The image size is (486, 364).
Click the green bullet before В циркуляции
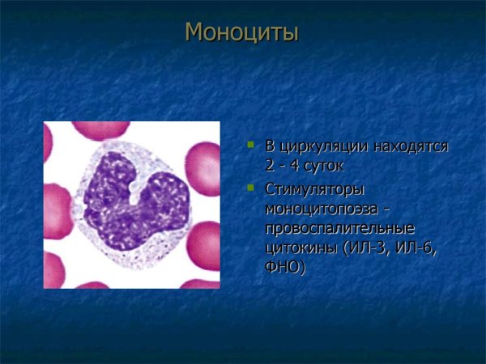[x=251, y=146]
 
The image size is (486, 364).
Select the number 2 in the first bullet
[x=271, y=167]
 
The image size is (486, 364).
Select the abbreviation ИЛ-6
[x=415, y=248]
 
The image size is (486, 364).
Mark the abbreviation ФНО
[x=285, y=267]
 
